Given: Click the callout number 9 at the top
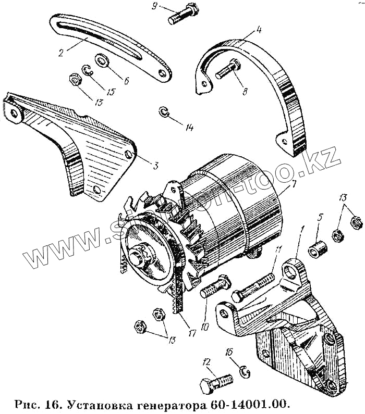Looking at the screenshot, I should click(x=154, y=6).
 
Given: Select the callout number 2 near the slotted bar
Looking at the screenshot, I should click(x=61, y=52).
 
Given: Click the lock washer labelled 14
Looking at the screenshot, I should click(x=164, y=112).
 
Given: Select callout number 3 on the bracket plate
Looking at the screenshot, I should click(x=155, y=166).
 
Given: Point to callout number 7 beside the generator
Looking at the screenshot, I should click(x=295, y=184).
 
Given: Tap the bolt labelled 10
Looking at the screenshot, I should click(x=213, y=292).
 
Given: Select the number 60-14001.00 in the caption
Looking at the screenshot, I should click(x=249, y=404).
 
